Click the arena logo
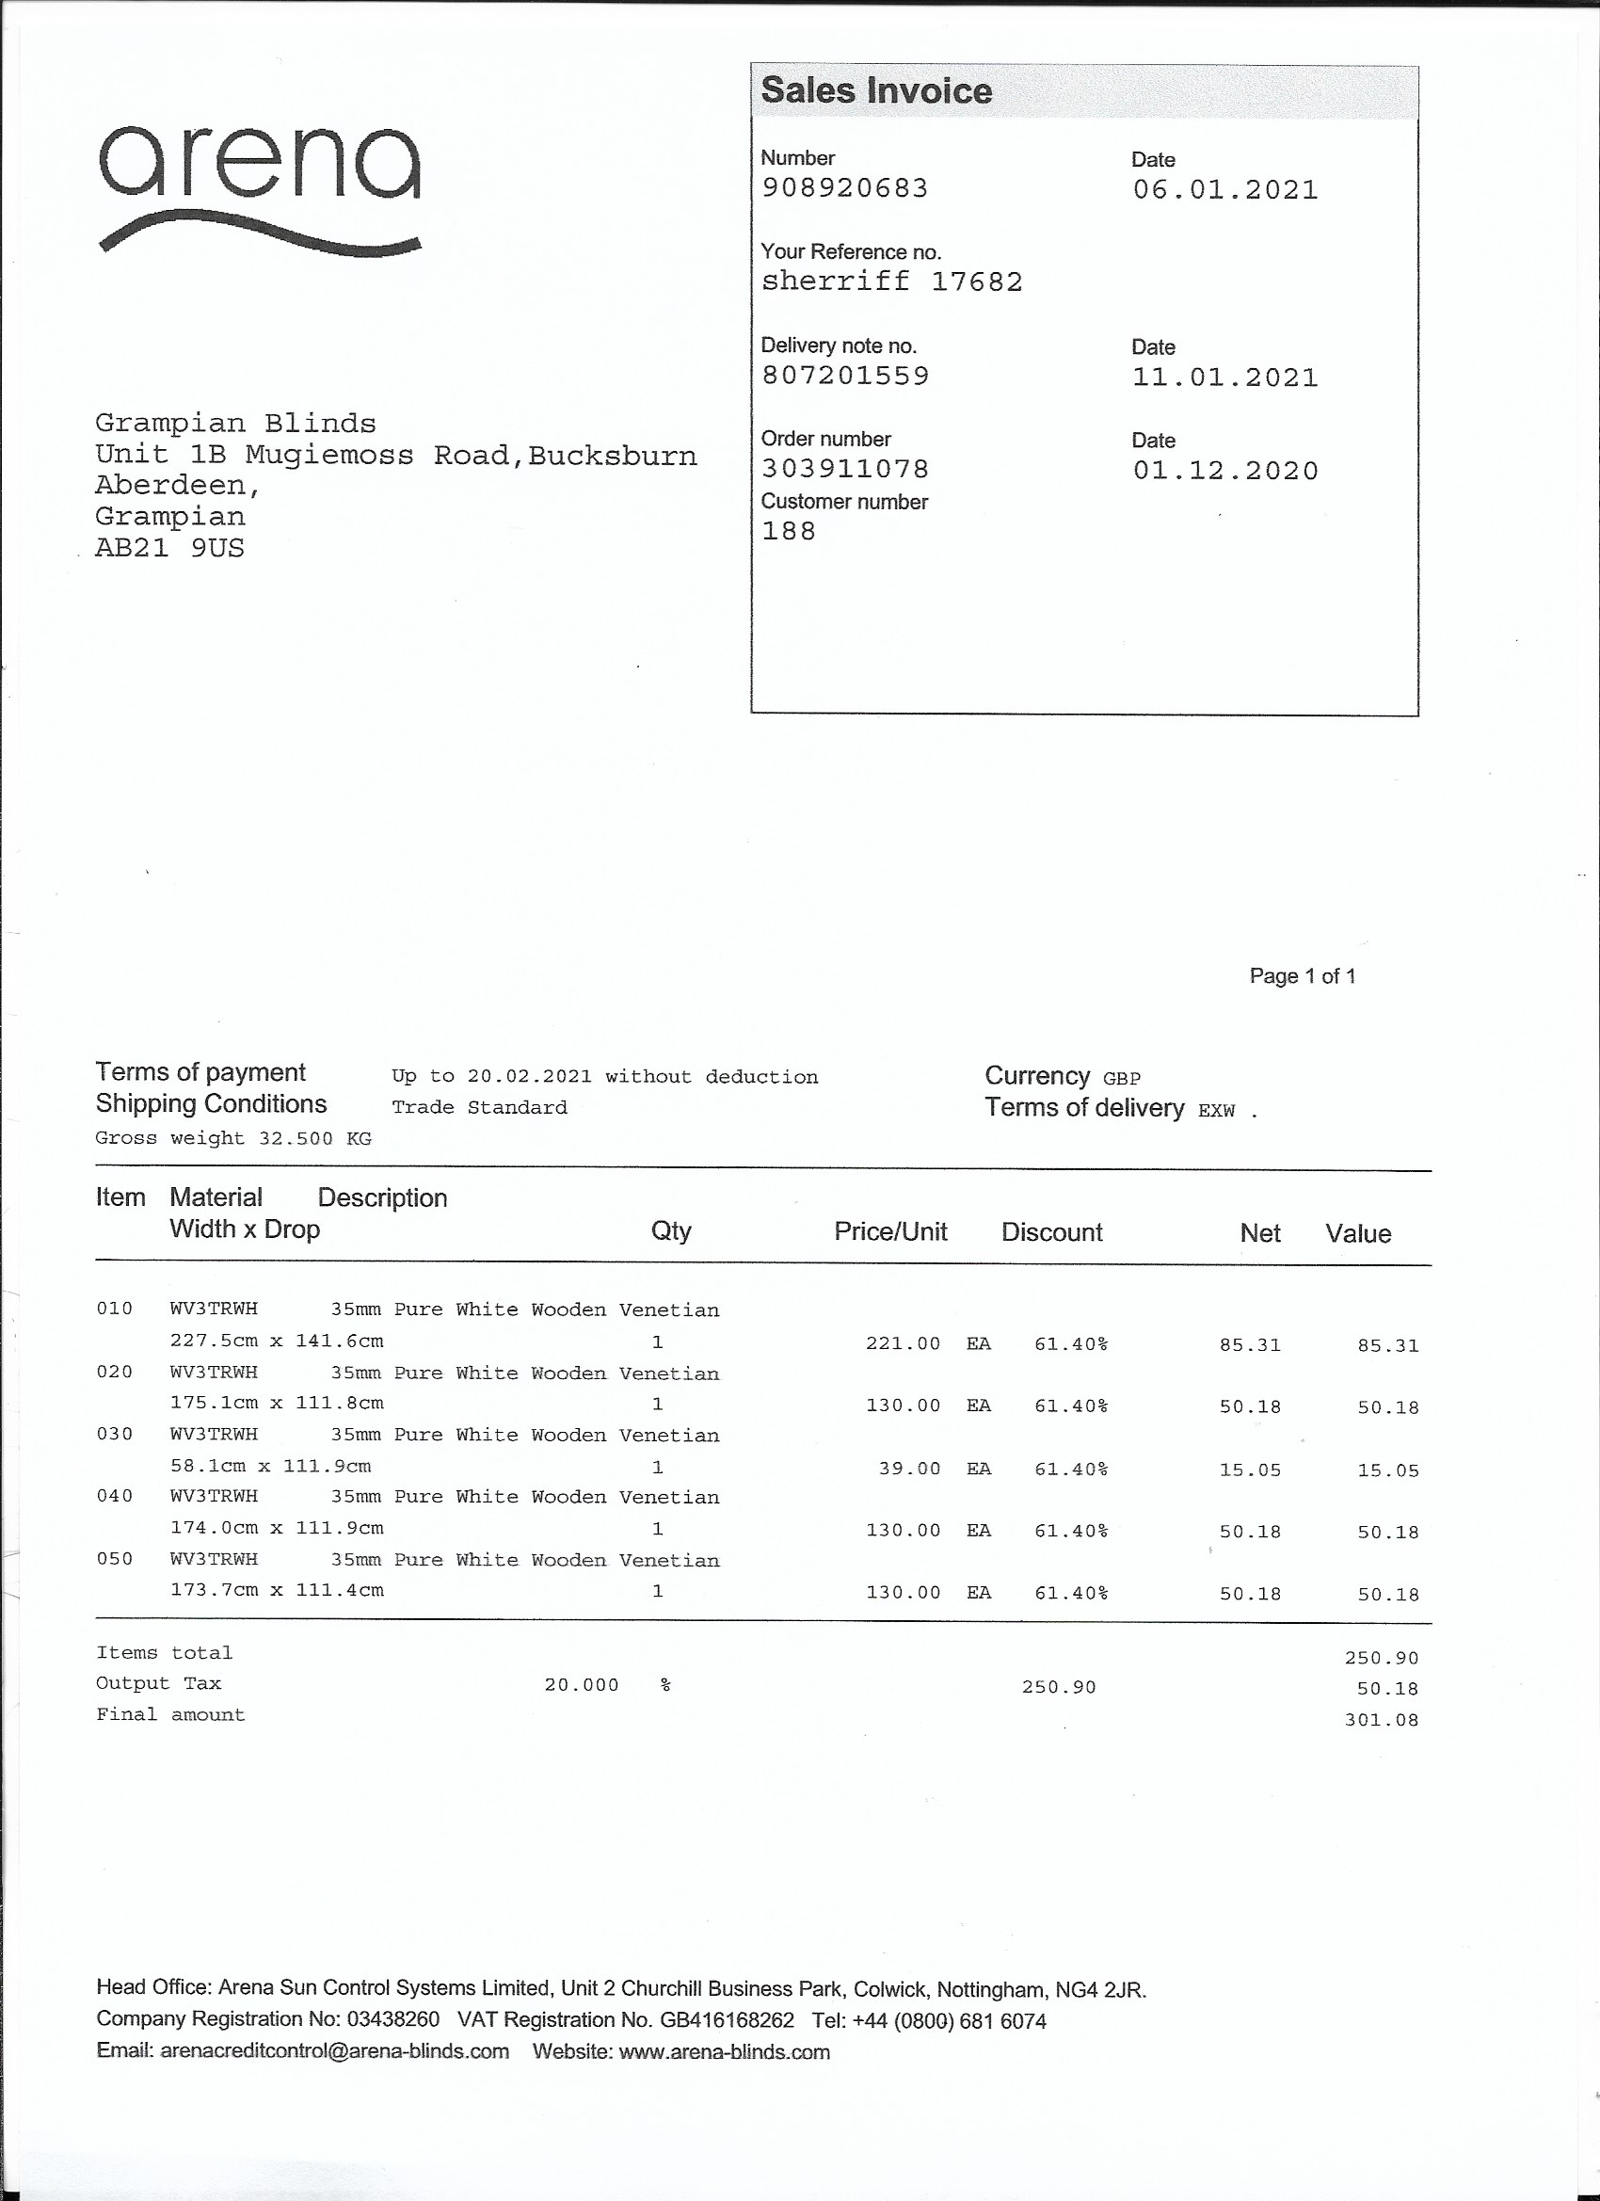[x=259, y=189]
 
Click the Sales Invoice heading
[x=876, y=90]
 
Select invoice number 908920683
[x=844, y=188]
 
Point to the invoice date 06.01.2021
[x=1224, y=190]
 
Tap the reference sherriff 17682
[x=890, y=282]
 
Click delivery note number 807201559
[x=844, y=376]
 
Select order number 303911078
[x=844, y=470]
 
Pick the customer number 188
[x=788, y=532]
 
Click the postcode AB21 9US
[x=168, y=548]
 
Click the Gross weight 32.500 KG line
[x=232, y=1138]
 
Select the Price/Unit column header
[x=889, y=1232]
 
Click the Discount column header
[x=1052, y=1232]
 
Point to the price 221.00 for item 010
[x=903, y=1344]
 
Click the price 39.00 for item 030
[x=909, y=1470]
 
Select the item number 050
[x=114, y=1559]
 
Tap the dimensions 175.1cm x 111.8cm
[x=277, y=1404]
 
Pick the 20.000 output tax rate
[x=582, y=1686]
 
